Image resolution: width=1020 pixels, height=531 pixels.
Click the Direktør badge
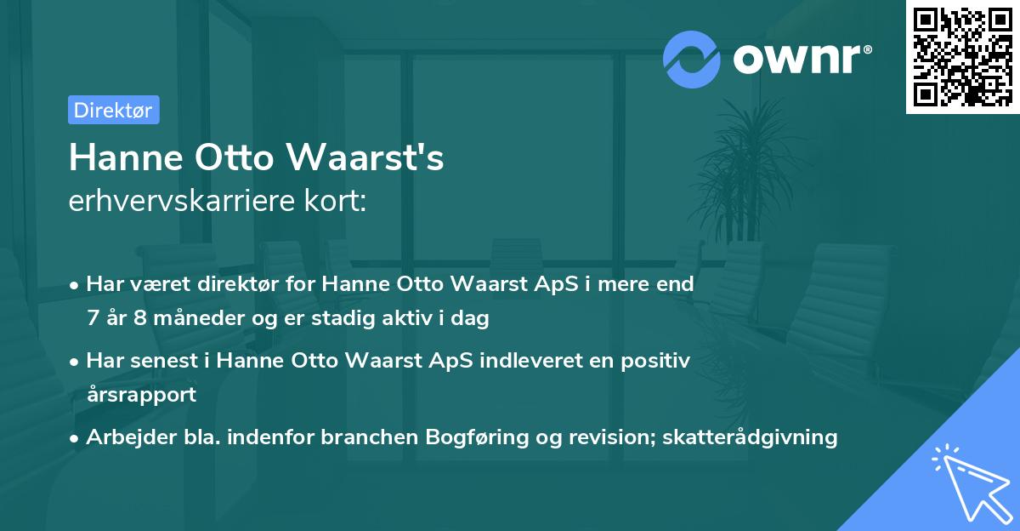point(113,110)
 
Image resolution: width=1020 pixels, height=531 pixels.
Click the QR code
point(962,57)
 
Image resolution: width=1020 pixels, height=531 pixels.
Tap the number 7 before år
point(92,318)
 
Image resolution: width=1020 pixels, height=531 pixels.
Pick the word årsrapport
point(141,394)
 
